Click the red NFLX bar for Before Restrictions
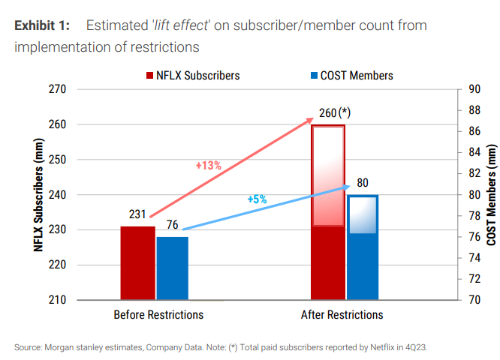137,262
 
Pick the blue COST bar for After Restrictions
363,247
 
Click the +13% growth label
208,165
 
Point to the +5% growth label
257,199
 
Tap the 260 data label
327,113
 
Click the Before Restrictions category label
158,315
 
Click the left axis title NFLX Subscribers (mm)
38,194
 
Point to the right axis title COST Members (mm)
492,194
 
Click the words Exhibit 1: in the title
43,25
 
